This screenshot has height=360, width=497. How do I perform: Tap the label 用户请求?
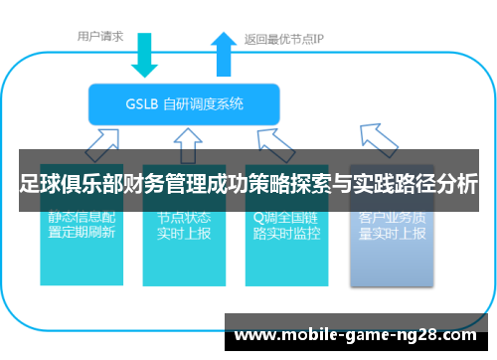coord(100,37)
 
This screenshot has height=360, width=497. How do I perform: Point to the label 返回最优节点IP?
coord(283,41)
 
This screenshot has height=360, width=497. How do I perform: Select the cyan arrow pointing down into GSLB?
coord(144,56)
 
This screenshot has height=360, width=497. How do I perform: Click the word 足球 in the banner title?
coord(37,185)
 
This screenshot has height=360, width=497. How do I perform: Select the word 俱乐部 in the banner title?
coord(92,185)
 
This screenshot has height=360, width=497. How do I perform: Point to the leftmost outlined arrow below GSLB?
coord(103,142)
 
